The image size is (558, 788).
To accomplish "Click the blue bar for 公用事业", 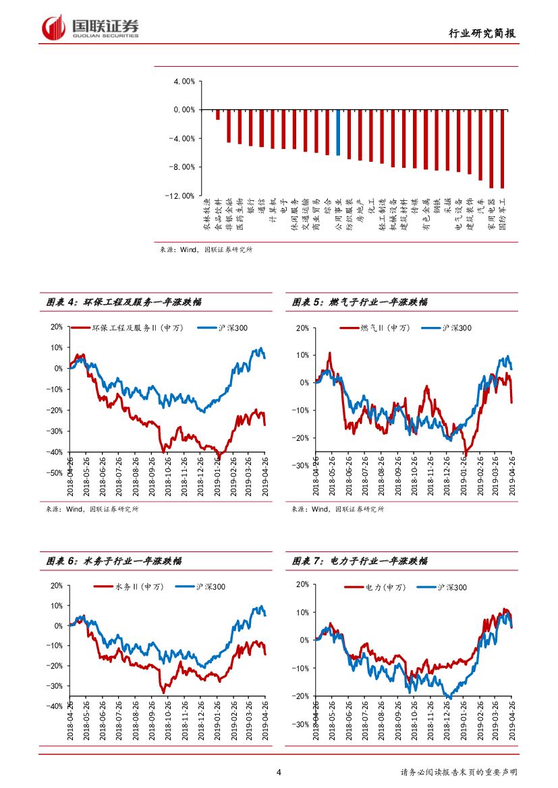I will point(338,132).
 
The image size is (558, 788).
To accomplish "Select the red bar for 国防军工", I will point(502,148).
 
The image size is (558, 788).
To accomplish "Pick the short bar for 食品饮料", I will point(217,115).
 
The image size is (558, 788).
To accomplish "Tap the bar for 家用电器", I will point(491,148).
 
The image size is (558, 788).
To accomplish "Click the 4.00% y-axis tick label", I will point(184,81).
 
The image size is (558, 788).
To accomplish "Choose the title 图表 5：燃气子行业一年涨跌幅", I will point(359,303).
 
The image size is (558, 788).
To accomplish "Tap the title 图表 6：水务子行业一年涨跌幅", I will point(113,561).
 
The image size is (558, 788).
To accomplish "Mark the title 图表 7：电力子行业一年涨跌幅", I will point(359,561).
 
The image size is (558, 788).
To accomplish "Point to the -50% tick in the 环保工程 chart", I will point(55,473).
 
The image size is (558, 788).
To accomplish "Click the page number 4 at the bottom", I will point(279,772).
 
